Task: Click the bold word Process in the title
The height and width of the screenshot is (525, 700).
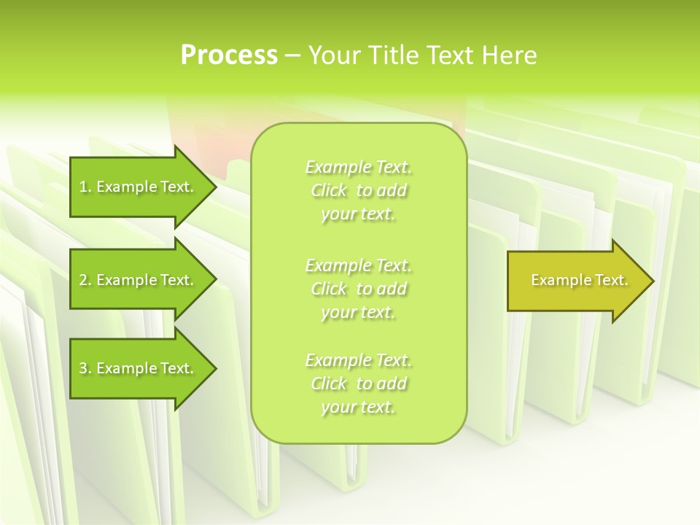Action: pos(229,55)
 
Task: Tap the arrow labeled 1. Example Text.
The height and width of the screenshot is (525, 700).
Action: pos(139,187)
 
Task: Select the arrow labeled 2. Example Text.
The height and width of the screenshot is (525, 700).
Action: pos(139,280)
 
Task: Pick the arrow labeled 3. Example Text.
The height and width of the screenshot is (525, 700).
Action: pos(139,368)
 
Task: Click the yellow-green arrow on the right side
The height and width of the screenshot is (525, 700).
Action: pos(576,281)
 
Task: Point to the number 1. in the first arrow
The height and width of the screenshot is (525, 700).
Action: pos(85,187)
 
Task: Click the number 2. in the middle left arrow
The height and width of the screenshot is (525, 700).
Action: pos(85,280)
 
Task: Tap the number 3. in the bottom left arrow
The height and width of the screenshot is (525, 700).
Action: pos(85,368)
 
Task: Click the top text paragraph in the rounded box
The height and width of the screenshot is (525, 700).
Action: pos(359,190)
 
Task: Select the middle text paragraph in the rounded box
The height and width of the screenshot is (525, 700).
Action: pos(359,288)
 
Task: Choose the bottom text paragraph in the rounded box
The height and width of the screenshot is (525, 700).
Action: pos(359,384)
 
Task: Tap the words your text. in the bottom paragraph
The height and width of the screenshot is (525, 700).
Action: pos(358,407)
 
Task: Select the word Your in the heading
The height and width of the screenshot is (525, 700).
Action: pos(332,55)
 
